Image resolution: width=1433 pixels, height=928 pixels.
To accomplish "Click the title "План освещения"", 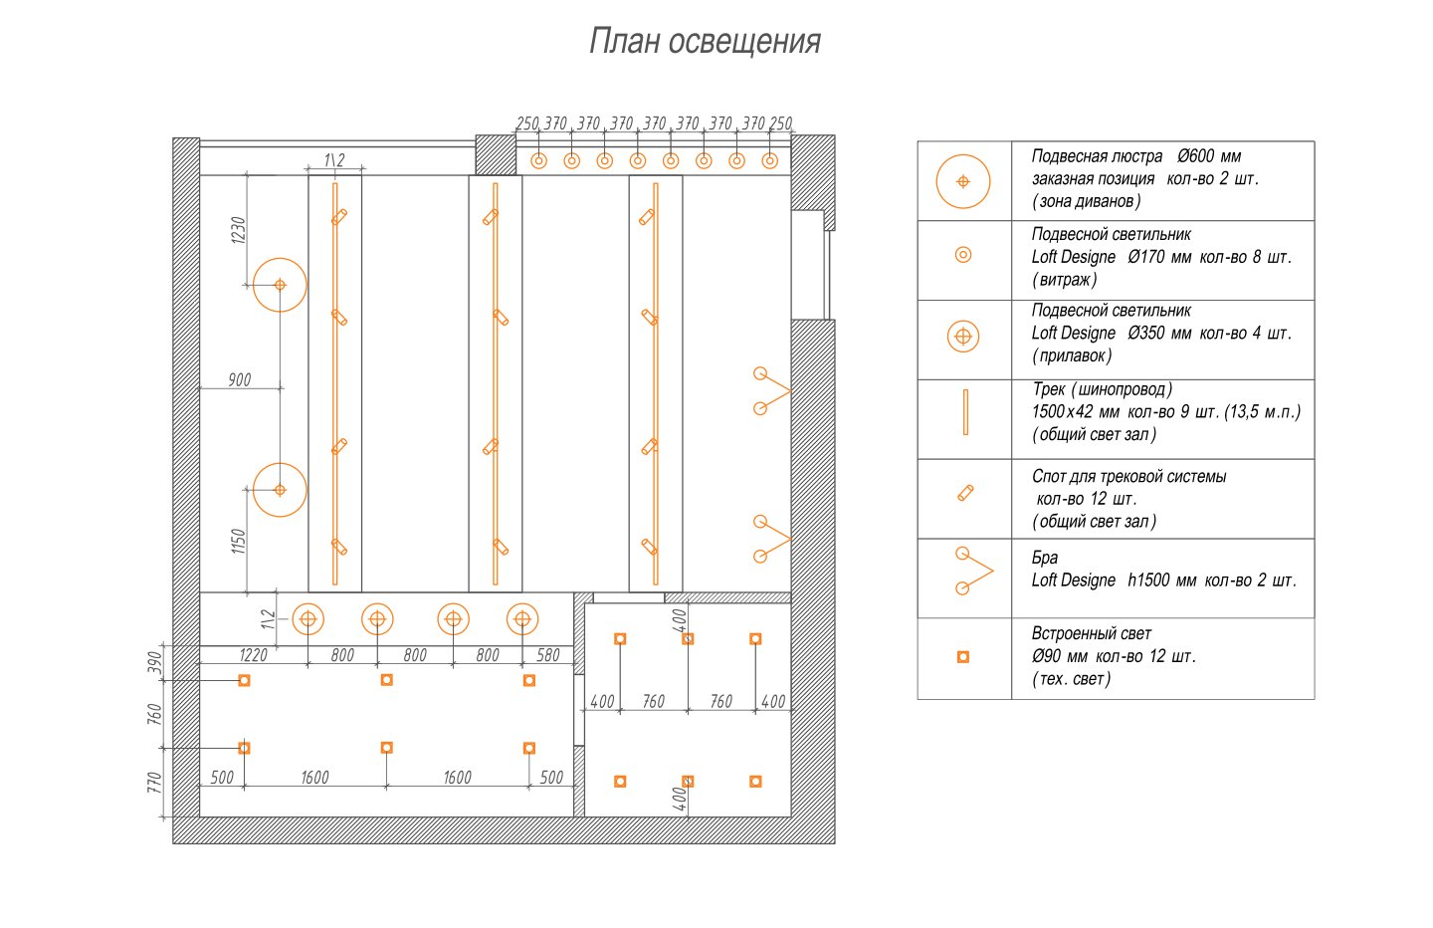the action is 705,42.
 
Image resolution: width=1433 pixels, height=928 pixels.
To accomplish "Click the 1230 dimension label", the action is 238,230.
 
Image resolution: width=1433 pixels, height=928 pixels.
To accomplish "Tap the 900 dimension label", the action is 240,379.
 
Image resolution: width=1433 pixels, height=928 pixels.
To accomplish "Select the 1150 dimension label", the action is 238,542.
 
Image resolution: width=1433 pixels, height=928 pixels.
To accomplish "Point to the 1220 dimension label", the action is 254,655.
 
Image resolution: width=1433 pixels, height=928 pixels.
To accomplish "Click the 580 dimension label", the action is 548,655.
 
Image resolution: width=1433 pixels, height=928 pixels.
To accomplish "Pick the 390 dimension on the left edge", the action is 155,663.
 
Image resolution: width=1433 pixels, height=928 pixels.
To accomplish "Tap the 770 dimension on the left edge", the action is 155,782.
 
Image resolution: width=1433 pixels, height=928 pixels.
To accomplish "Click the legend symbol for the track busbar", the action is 965,412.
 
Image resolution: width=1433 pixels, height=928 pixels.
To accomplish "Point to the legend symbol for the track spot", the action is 965,493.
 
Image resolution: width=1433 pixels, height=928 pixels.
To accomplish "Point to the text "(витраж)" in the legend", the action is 1065,280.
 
